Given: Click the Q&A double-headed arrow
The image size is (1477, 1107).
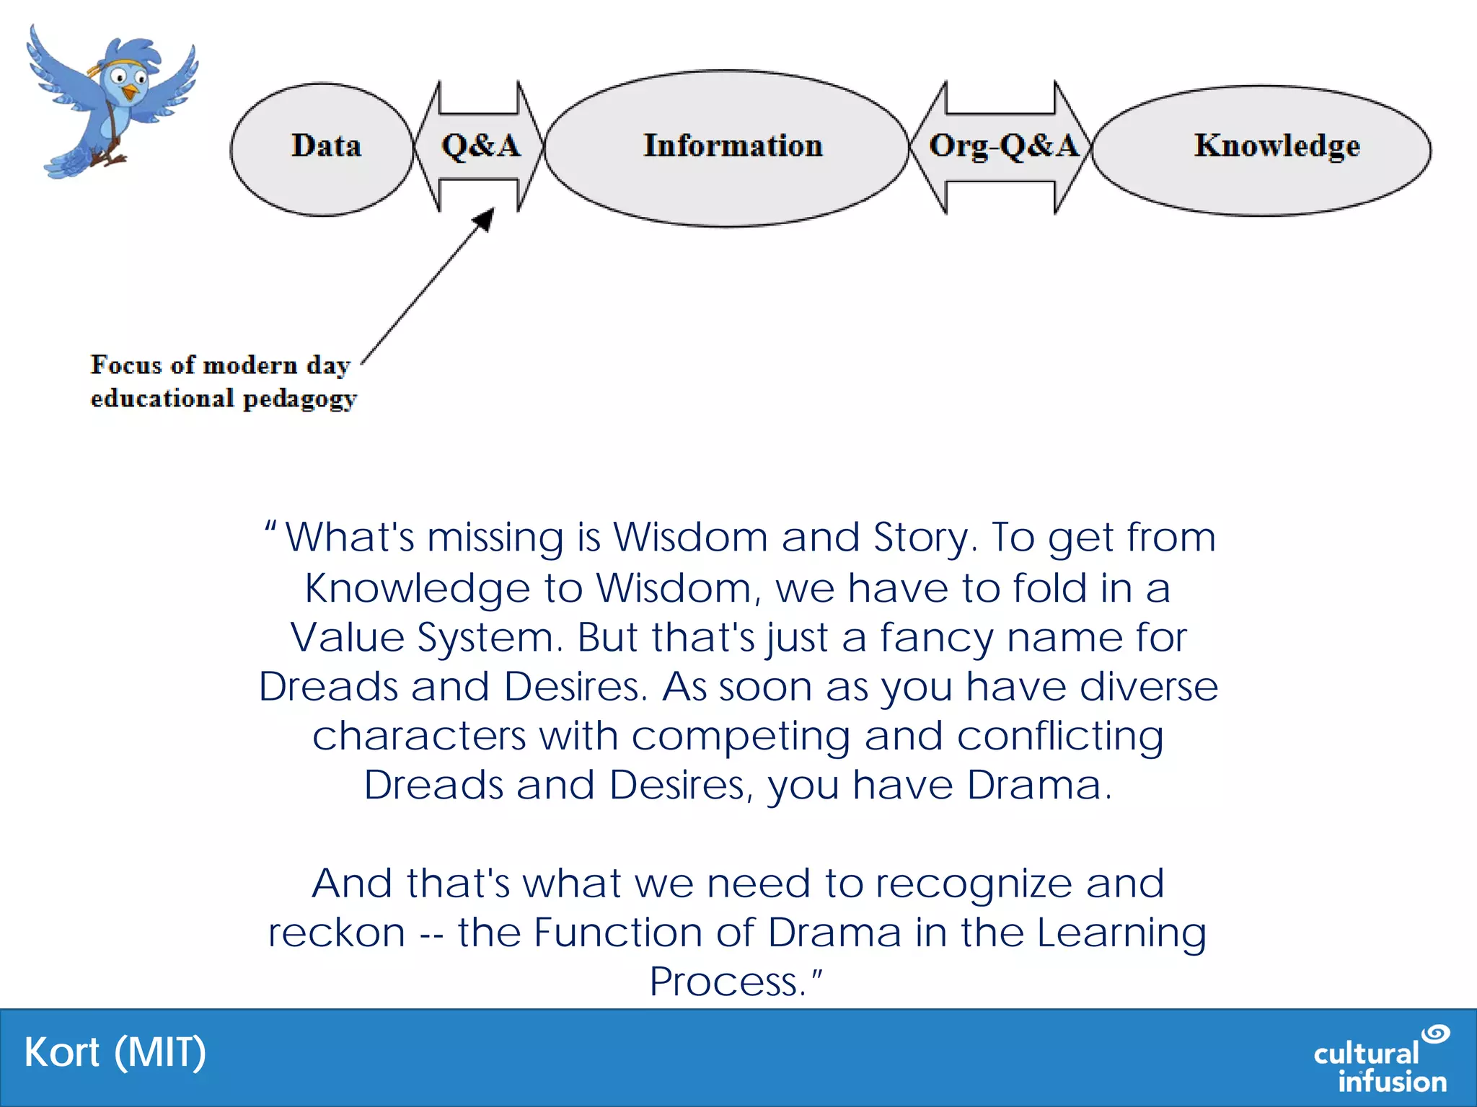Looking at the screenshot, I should pos(480,147).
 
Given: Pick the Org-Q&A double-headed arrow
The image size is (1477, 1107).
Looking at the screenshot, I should pos(1001,147).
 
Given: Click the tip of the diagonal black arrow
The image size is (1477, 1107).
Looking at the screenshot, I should pos(492,211).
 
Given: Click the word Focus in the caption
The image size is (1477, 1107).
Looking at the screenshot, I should pos(125,365).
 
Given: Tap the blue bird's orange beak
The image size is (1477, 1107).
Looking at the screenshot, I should pos(130,92).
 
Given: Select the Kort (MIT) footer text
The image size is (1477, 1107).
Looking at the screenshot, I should pos(115,1053).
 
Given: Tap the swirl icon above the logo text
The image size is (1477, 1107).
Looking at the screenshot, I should pos(1435,1033).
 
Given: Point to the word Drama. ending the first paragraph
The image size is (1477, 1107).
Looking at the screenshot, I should pos(1039,785).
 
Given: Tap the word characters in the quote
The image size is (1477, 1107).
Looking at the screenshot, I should pos(419,737).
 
